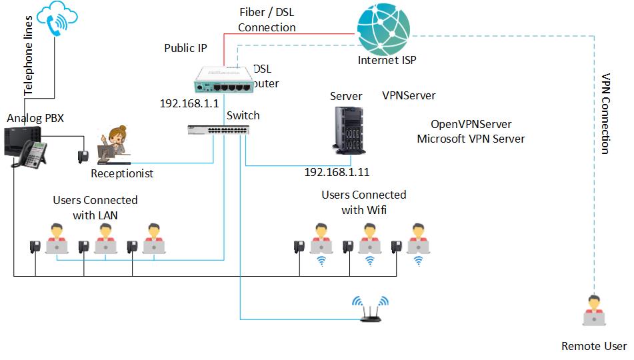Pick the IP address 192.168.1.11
tap(337, 172)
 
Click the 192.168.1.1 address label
tap(189, 104)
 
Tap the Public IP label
tap(185, 48)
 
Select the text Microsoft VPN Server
tap(471, 139)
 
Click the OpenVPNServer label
tap(471, 125)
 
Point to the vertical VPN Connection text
tap(606, 114)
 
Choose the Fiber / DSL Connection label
tap(267, 20)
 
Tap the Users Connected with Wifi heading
tap(363, 203)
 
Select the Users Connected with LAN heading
tap(95, 207)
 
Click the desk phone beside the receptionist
tap(83, 157)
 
